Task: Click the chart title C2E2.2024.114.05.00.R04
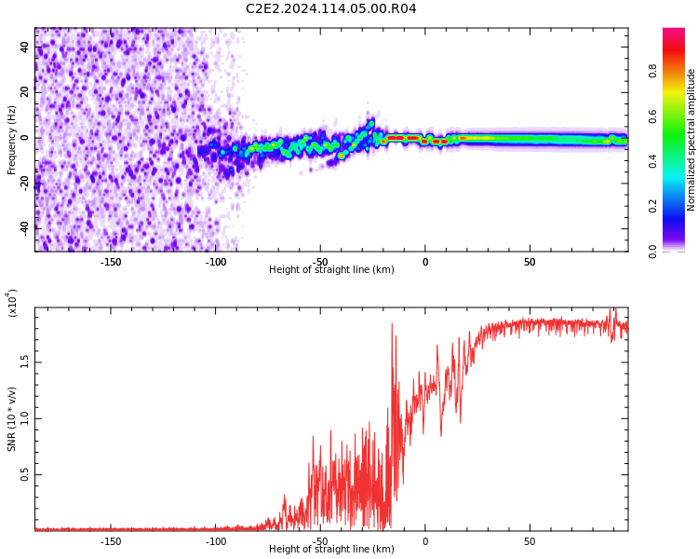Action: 331,9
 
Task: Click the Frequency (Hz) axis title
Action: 12,140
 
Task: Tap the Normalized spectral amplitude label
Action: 691,140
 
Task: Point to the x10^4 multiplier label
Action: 13,303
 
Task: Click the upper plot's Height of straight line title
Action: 331,270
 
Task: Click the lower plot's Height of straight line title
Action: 331,550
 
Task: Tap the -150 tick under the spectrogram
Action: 111,262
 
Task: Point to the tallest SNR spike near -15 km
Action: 392,324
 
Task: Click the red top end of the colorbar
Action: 673,34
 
